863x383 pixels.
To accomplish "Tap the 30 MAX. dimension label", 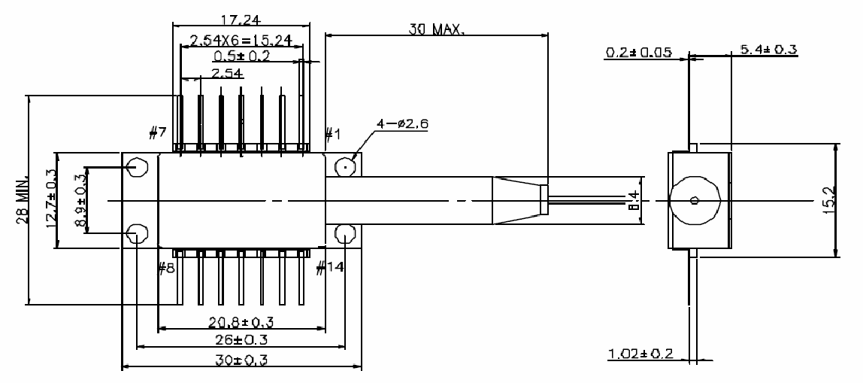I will pyautogui.click(x=438, y=31).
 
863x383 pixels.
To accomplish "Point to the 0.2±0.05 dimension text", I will pyautogui.click(x=638, y=53).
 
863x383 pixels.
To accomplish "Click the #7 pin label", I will pyautogui.click(x=158, y=134).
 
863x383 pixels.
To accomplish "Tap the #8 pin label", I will pyautogui.click(x=166, y=267).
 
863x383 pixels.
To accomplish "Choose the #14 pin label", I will pyautogui.click(x=331, y=267).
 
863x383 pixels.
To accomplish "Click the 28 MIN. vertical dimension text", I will pyautogui.click(x=23, y=202).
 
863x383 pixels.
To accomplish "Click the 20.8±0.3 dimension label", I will pyautogui.click(x=241, y=323).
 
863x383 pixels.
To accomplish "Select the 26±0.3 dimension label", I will pyautogui.click(x=242, y=340).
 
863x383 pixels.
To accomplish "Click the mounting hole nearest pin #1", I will pyautogui.click(x=345, y=167).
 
